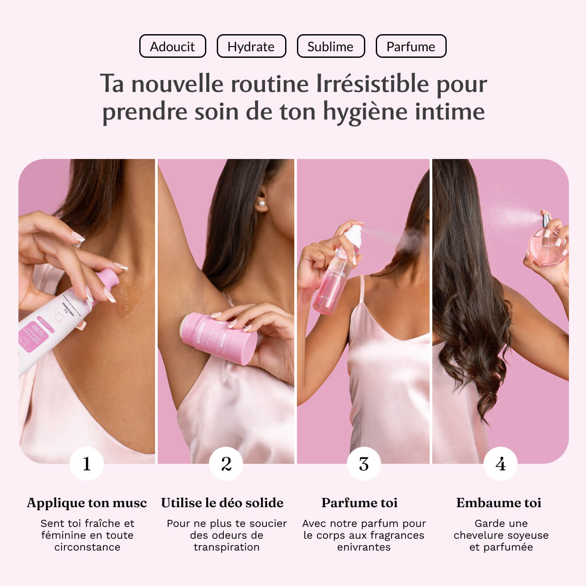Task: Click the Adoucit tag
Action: (173, 46)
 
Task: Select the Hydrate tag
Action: (251, 46)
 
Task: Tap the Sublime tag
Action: (331, 46)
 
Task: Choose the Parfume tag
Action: (411, 46)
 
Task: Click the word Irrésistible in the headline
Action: (372, 84)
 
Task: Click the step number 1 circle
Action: (87, 464)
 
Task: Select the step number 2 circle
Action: (226, 464)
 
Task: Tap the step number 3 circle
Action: (364, 464)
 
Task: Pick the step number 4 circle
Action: (501, 464)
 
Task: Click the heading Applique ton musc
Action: (87, 503)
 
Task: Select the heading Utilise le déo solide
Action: (222, 503)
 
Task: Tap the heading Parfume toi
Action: (360, 503)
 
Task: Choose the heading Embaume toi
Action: (499, 503)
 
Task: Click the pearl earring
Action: (262, 204)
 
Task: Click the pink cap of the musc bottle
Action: (108, 281)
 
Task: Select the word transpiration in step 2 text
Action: (226, 547)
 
